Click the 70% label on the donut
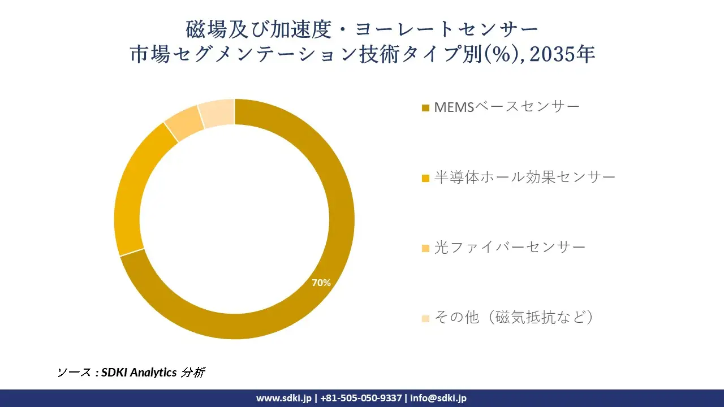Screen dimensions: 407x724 tap(321, 283)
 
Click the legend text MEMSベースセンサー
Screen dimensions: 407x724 tap(507, 106)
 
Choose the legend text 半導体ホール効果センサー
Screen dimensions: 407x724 tap(524, 177)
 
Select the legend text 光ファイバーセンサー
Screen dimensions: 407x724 tap(510, 247)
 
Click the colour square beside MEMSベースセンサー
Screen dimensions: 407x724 tap(425, 107)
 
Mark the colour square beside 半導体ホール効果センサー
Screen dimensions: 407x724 tap(425, 178)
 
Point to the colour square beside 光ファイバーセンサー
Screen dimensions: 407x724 tap(425, 248)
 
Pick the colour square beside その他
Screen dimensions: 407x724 tap(425, 318)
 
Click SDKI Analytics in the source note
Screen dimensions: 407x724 tap(139, 373)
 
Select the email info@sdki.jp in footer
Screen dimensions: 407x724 tap(438, 398)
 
